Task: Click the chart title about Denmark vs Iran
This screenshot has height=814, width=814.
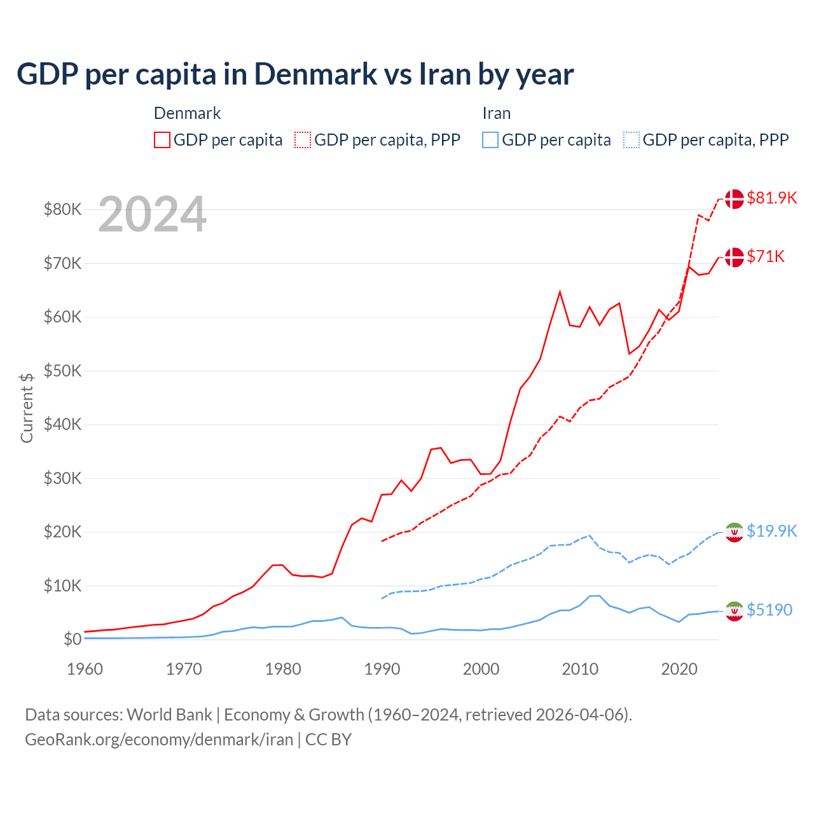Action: pyautogui.click(x=295, y=74)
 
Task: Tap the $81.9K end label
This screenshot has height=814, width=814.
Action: pyautogui.click(x=771, y=198)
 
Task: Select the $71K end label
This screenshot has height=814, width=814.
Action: pyautogui.click(x=766, y=256)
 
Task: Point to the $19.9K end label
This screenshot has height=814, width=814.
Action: pyautogui.click(x=771, y=531)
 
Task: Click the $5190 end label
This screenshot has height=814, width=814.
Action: pyautogui.click(x=769, y=610)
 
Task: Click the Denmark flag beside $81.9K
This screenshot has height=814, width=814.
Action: pyautogui.click(x=735, y=198)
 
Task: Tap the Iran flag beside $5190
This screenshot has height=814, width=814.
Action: pyautogui.click(x=735, y=610)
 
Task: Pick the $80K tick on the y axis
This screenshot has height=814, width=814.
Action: pyautogui.click(x=62, y=209)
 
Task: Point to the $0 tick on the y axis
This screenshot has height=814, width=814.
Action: pyautogui.click(x=72, y=639)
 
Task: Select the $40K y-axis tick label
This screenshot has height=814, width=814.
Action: pyautogui.click(x=62, y=424)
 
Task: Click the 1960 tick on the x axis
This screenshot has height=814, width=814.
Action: pyautogui.click(x=85, y=669)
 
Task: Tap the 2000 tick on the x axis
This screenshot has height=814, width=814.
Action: pyautogui.click(x=481, y=669)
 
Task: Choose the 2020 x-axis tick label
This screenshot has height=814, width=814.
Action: pyautogui.click(x=679, y=669)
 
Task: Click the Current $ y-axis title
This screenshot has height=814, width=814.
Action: pyautogui.click(x=27, y=408)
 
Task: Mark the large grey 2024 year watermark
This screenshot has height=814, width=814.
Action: pyautogui.click(x=152, y=214)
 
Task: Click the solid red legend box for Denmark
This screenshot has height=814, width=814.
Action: pyautogui.click(x=162, y=140)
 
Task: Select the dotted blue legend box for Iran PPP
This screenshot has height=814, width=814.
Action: pyautogui.click(x=631, y=140)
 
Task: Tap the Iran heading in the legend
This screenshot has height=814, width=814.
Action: pyautogui.click(x=496, y=113)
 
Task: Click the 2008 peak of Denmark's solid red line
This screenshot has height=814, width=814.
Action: pyautogui.click(x=560, y=292)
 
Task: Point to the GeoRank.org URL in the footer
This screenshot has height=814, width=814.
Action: pyautogui.click(x=159, y=740)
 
